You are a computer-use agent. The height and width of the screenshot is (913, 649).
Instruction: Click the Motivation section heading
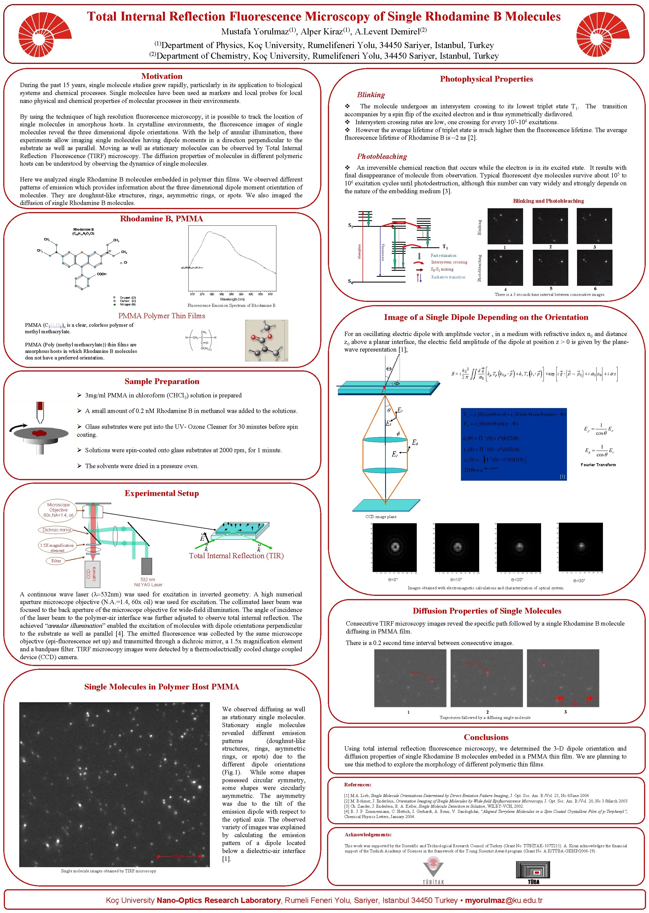(162, 76)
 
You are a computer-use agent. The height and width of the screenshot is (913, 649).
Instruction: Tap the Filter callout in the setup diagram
(56, 561)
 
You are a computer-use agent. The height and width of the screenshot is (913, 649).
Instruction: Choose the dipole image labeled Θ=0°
(394, 547)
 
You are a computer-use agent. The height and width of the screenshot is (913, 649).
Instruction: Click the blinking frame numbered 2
(550, 226)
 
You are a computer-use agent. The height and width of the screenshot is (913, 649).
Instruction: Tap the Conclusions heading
(486, 737)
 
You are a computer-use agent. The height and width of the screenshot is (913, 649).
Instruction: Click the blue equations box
(514, 444)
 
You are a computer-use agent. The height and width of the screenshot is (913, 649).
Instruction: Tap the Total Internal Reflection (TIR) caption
(236, 556)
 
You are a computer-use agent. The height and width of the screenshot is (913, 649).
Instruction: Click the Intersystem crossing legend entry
(449, 262)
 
